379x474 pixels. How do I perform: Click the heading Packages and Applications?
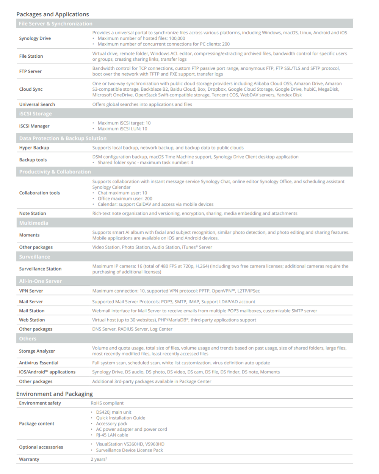click(x=53, y=14)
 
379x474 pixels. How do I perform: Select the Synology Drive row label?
click(x=35, y=38)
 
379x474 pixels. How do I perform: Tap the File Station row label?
click(x=31, y=56)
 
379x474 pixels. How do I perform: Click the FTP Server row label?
click(x=30, y=71)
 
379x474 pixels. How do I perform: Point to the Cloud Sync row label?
click(x=31, y=89)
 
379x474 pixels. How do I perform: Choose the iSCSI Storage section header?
click(x=36, y=113)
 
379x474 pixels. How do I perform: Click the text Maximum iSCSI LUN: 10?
click(x=122, y=129)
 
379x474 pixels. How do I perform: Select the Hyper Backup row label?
click(x=34, y=148)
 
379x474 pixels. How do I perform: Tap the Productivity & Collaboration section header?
click(x=55, y=172)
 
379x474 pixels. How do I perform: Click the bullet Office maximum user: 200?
click(x=125, y=198)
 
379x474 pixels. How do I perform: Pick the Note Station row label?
click(x=33, y=213)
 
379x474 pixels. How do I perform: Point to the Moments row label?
click(x=29, y=235)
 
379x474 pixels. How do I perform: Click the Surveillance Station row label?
click(x=40, y=269)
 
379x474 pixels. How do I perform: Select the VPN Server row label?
click(x=31, y=291)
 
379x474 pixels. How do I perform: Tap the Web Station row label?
click(x=32, y=320)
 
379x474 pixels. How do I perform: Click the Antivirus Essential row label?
click(x=39, y=363)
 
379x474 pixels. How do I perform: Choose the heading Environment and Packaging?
click(x=55, y=394)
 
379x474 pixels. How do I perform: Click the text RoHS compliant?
click(x=107, y=403)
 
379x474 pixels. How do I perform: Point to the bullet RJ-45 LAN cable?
click(x=112, y=435)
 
